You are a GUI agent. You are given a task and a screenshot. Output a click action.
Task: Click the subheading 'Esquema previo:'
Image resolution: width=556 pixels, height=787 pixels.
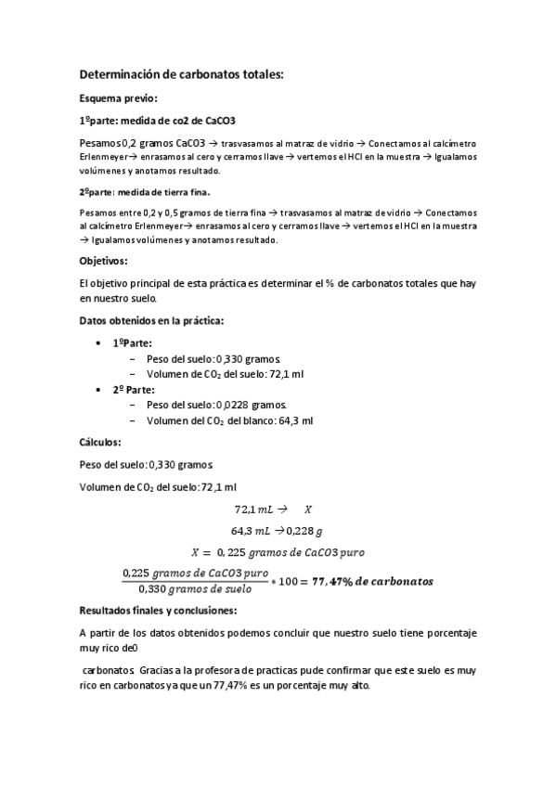pyautogui.click(x=118, y=97)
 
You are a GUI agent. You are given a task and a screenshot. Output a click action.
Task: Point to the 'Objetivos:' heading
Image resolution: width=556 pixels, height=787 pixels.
pyautogui.click(x=104, y=262)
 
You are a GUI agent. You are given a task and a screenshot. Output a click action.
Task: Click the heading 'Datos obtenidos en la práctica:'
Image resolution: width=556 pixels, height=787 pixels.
pyautogui.click(x=151, y=321)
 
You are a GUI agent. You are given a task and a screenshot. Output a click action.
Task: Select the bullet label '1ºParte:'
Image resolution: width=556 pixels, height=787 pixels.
pyautogui.click(x=133, y=342)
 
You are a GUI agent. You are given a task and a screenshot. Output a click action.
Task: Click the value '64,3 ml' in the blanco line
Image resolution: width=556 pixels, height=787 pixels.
pyautogui.click(x=294, y=420)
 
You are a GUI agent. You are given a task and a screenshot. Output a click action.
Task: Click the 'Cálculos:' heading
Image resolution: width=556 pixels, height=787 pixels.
pyautogui.click(x=100, y=443)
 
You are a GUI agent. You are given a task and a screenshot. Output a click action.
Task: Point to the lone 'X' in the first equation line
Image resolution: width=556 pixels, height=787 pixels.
pyautogui.click(x=308, y=510)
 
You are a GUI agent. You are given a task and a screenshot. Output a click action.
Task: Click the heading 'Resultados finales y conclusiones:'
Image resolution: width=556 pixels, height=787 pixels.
pyautogui.click(x=159, y=611)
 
